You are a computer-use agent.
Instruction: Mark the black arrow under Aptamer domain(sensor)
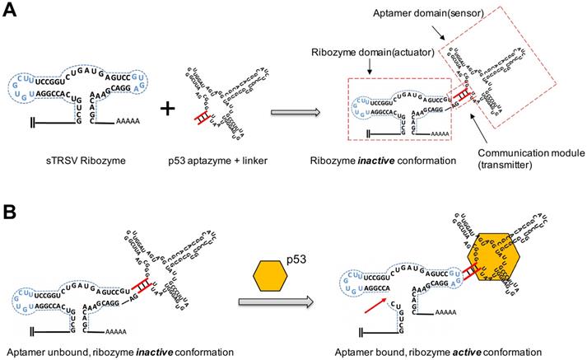(x=445, y=35)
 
